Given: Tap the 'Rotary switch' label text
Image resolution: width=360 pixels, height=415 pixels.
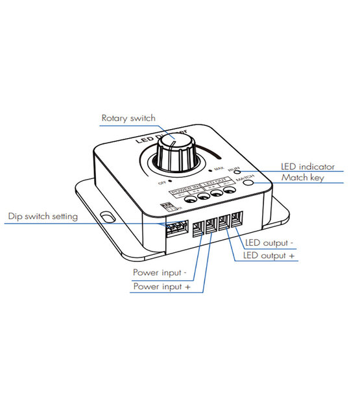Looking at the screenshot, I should pos(129,118).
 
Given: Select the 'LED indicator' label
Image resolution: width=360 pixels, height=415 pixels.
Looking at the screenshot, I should pos(307,167).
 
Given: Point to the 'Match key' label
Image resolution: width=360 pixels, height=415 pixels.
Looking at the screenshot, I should pos(302,177).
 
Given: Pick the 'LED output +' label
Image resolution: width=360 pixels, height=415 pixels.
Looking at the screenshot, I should pos(269,256).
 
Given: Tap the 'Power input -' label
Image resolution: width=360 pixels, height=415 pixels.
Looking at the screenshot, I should pos(160,272).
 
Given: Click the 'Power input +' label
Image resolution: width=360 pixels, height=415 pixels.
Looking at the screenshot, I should pos(162,286).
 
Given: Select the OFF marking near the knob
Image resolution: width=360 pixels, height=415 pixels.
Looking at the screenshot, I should pos(163,183).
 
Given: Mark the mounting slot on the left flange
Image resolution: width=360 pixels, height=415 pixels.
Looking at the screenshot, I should pos(106,214).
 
